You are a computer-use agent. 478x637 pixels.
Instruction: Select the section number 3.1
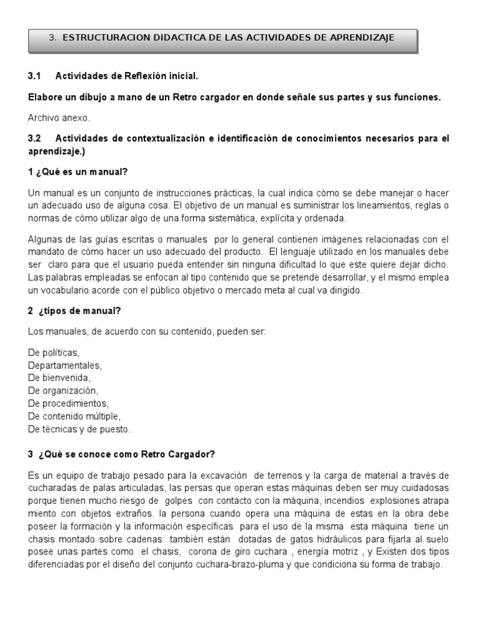pos(34,76)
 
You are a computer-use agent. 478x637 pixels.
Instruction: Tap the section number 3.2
pos(34,138)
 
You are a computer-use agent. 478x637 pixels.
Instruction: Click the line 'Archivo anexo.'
pos(59,117)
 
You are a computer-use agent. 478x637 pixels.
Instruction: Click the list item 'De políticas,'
pos(54,352)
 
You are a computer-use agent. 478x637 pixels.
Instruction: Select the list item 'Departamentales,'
pos(65,365)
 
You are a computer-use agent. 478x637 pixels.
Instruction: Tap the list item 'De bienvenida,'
pos(59,378)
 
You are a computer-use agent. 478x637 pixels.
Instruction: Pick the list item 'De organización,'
pos(63,391)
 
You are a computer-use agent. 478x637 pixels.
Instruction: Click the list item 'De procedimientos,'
pos(68,403)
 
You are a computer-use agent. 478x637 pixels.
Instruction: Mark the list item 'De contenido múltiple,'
pos(74,416)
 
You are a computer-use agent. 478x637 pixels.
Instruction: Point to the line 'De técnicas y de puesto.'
pos(80,429)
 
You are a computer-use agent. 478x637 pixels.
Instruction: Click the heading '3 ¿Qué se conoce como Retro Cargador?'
pos(121,454)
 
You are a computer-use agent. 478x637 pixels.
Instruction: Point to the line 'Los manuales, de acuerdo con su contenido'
pos(146,332)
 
